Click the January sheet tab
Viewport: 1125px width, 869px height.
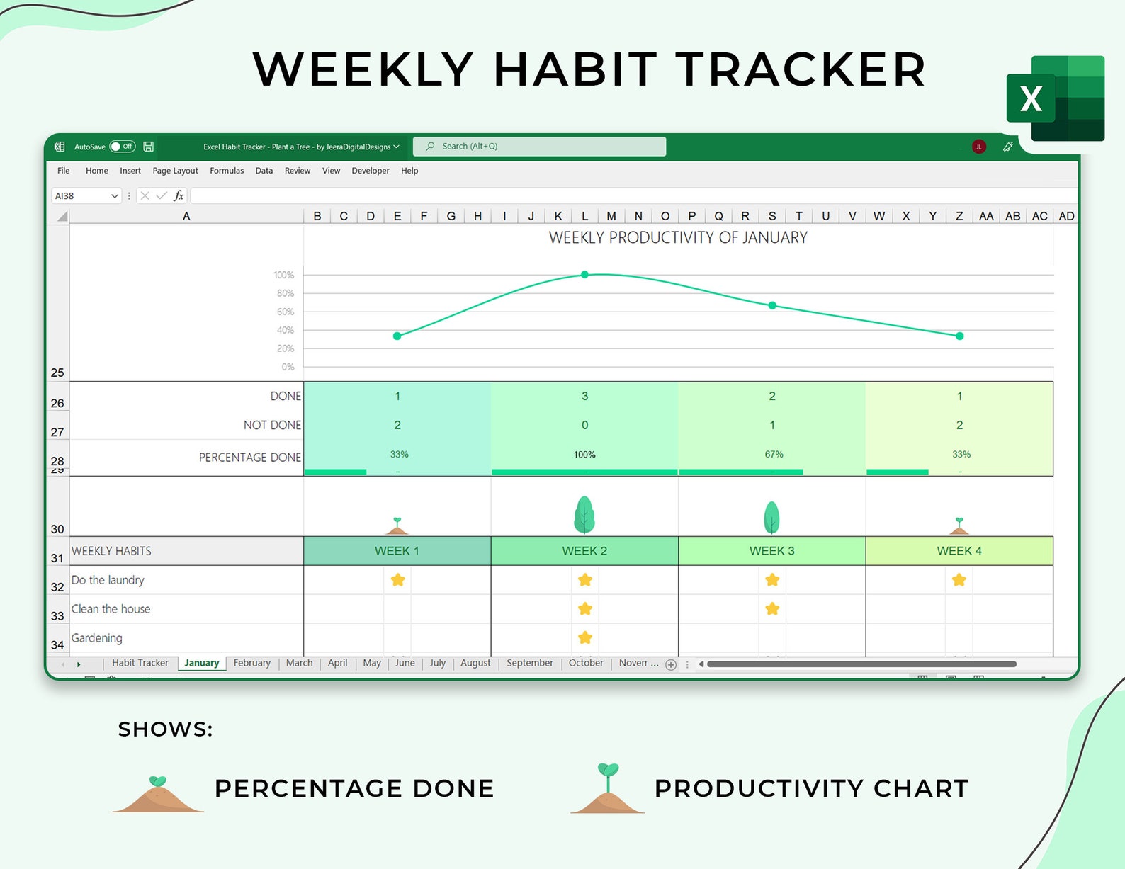click(201, 663)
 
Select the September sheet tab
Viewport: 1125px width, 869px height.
click(529, 663)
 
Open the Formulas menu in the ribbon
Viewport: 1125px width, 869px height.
click(227, 171)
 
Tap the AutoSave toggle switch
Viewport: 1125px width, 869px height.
click(123, 147)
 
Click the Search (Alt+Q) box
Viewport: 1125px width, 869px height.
click(539, 147)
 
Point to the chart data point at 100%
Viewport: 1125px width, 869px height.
click(584, 274)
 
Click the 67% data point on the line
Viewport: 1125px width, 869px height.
click(772, 305)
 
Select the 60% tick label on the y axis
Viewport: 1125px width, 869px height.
click(285, 312)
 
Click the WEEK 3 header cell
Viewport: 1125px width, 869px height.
click(771, 551)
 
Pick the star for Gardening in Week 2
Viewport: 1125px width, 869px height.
click(584, 637)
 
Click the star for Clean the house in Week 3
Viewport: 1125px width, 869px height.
click(772, 608)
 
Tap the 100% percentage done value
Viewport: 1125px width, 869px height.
click(584, 455)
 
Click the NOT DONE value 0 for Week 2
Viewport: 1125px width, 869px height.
click(584, 425)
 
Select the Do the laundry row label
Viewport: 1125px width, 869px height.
click(108, 580)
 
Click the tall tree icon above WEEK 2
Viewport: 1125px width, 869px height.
click(584, 515)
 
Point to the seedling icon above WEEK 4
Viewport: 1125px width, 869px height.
click(959, 526)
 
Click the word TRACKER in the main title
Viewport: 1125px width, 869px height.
click(801, 69)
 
